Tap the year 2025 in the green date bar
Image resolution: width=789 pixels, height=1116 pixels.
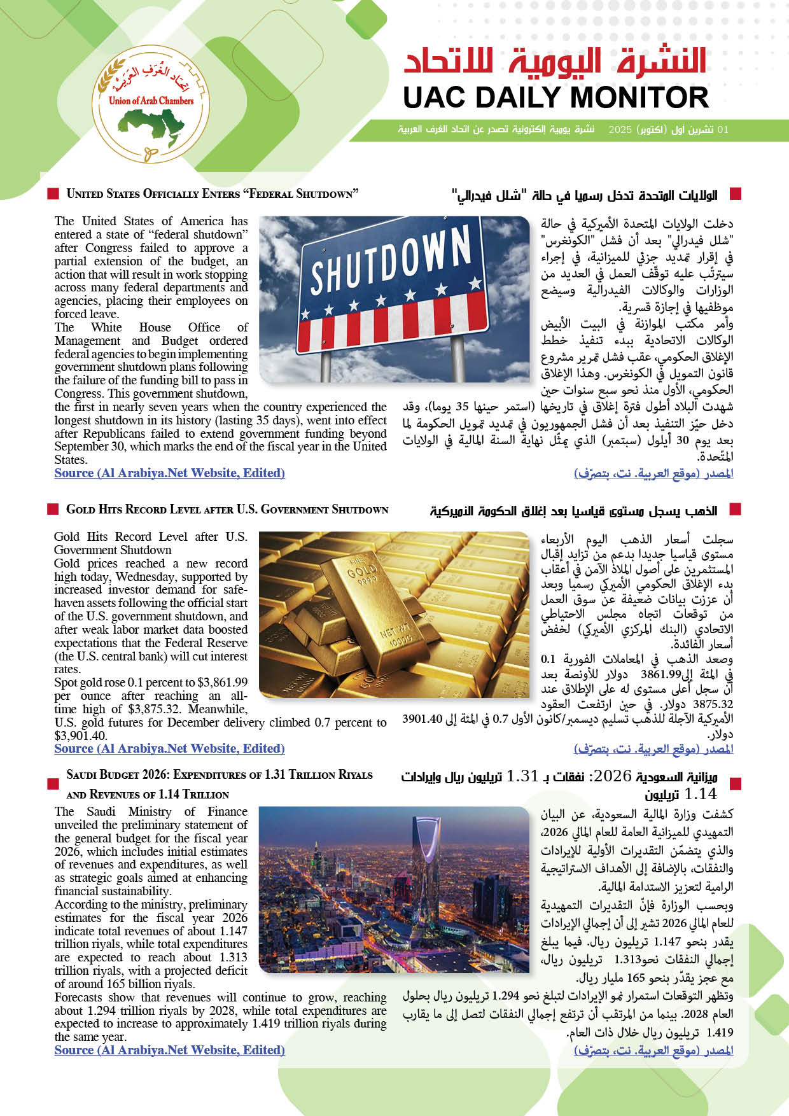click(620, 130)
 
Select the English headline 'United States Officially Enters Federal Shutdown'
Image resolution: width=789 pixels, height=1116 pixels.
click(213, 194)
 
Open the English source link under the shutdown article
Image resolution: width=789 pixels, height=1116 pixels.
click(169, 473)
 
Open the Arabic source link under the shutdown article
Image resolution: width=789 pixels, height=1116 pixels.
click(653, 473)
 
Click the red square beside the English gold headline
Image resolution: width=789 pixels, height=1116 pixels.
click(53, 509)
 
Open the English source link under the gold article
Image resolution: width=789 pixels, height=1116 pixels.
click(169, 749)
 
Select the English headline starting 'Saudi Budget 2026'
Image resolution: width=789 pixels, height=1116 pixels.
click(219, 776)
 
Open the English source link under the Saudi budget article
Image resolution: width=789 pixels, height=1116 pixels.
click(169, 1050)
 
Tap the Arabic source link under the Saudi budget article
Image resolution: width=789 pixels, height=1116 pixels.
click(653, 1050)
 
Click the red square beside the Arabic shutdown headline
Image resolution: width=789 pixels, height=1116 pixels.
click(736, 194)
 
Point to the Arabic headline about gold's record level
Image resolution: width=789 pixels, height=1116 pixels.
click(573, 511)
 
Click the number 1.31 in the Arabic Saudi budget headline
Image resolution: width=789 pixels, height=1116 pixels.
click(522, 776)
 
